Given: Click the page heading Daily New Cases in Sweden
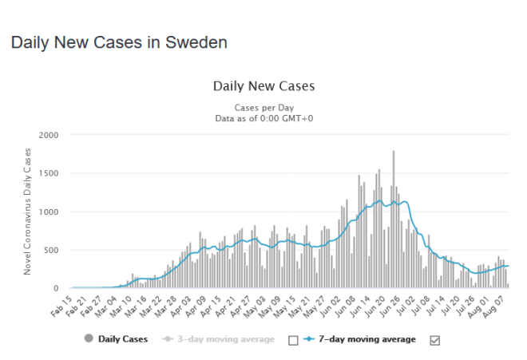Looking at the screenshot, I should (119, 42).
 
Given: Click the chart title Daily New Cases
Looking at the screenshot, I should (263, 85).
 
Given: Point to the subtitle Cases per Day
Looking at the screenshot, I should (263, 107).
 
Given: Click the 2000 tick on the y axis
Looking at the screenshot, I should (49, 135).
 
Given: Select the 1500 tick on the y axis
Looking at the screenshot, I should (49, 173).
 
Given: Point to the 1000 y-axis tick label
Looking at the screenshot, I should (49, 212).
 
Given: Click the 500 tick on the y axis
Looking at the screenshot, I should (52, 250).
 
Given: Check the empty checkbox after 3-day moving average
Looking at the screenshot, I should (293, 340).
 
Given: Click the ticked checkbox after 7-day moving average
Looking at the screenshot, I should (435, 340).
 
